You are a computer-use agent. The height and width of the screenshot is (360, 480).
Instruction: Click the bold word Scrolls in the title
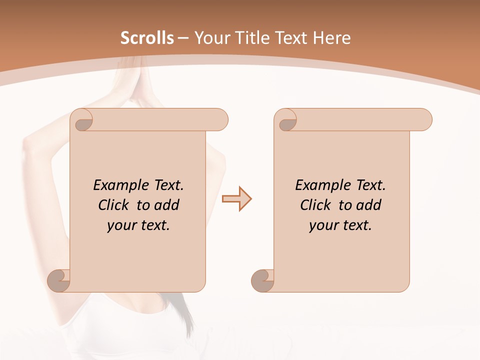[147, 38]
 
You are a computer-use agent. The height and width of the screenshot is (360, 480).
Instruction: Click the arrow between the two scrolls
[236, 199]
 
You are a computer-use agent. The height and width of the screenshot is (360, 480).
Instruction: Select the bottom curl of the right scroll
[263, 280]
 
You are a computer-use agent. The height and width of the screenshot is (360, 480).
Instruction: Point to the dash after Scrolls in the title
[183, 38]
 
